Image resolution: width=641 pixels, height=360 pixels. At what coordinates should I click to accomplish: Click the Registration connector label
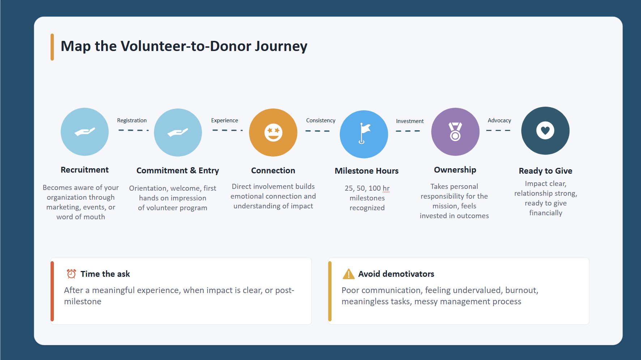pyautogui.click(x=132, y=120)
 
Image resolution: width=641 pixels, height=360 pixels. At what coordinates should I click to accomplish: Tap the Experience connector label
pyautogui.click(x=225, y=120)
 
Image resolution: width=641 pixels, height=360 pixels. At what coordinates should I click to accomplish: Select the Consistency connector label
pyautogui.click(x=321, y=120)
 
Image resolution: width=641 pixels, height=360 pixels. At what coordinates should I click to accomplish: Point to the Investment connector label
pyautogui.click(x=410, y=121)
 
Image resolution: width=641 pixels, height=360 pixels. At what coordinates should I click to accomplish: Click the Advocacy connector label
pyautogui.click(x=499, y=120)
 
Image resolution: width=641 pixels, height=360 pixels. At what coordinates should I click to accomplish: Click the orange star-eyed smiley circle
pyautogui.click(x=273, y=132)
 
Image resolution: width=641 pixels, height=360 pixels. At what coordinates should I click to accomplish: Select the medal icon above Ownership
pyautogui.click(x=455, y=131)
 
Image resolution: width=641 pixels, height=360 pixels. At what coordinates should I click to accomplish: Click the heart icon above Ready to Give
pyautogui.click(x=545, y=130)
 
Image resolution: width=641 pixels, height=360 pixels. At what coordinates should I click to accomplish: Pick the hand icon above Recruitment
pyautogui.click(x=85, y=132)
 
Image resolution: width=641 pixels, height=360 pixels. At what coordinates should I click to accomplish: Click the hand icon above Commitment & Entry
pyautogui.click(x=178, y=132)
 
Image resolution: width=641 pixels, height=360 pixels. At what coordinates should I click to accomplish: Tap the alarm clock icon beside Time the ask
pyautogui.click(x=71, y=274)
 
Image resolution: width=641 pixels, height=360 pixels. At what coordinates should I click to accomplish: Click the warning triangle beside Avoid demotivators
pyautogui.click(x=349, y=274)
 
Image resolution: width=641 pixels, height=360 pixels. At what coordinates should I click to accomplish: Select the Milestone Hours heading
pyautogui.click(x=367, y=171)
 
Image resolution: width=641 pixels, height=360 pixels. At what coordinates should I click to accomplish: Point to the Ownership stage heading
pyautogui.click(x=455, y=170)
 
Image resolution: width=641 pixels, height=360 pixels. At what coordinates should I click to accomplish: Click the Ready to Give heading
pyautogui.click(x=546, y=171)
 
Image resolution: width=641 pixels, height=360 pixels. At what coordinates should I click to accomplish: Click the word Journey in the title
pyautogui.click(x=281, y=46)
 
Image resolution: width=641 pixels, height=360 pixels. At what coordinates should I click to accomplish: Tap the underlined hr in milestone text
pyautogui.click(x=386, y=189)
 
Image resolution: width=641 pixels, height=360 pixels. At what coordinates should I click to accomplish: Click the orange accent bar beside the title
pyautogui.click(x=52, y=47)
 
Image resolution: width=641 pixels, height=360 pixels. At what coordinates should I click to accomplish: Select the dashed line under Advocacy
pyautogui.click(x=498, y=130)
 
